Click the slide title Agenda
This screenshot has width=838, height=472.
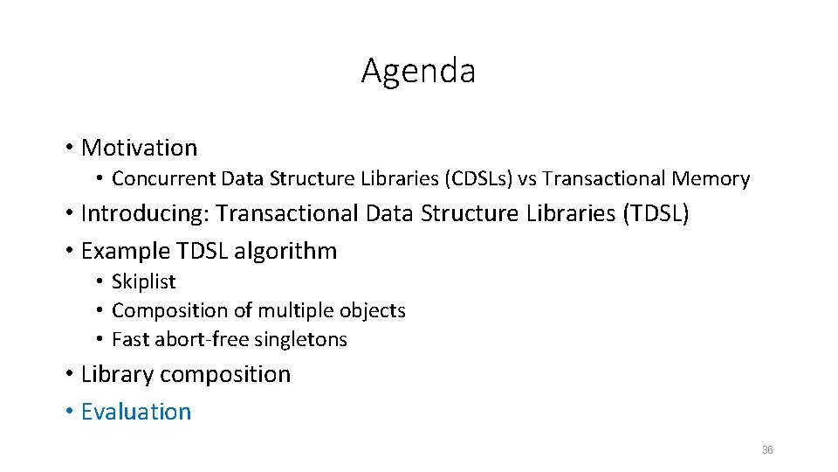(x=418, y=71)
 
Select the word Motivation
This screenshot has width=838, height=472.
(x=139, y=148)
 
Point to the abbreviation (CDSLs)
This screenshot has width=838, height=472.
(x=478, y=179)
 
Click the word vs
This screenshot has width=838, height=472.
(x=527, y=179)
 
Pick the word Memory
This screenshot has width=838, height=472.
(x=711, y=179)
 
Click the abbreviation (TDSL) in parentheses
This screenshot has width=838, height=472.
(x=656, y=213)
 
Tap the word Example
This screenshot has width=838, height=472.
(x=125, y=252)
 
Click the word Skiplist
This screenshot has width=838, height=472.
(x=144, y=281)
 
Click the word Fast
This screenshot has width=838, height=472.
(x=129, y=339)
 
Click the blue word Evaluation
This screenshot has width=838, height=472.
(x=135, y=412)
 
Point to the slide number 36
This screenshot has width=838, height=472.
(x=767, y=450)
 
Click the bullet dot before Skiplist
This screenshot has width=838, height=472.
(x=101, y=281)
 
